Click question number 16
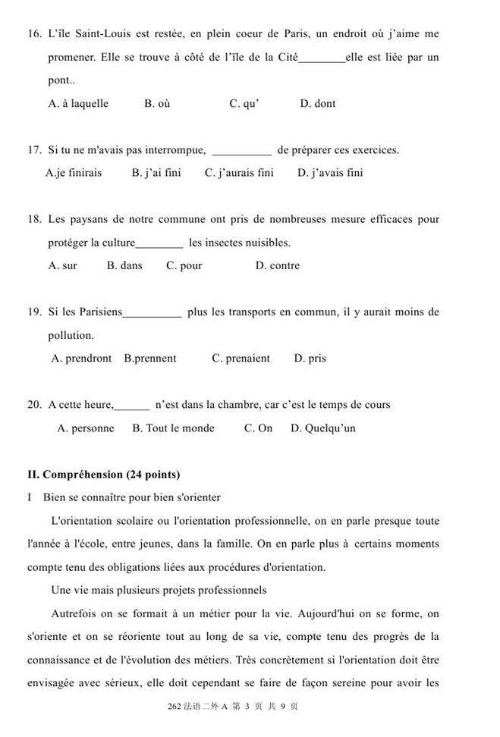33,34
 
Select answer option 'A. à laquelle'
78,104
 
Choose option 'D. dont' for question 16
317,104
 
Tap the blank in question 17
241,150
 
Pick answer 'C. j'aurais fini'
239,173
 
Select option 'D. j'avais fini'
330,173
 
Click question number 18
33,220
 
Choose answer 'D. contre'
278,266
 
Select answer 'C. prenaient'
241,359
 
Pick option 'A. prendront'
81,359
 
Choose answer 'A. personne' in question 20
86,428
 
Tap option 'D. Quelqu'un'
322,428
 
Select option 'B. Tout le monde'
173,428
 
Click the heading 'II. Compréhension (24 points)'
103,475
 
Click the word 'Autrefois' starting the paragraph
74,614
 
